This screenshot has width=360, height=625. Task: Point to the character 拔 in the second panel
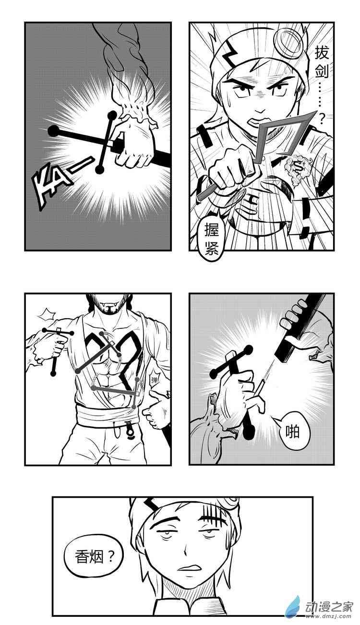[x=321, y=53]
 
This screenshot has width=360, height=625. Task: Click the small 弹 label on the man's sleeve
[x=154, y=380]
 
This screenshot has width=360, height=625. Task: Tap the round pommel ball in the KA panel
[x=54, y=131]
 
